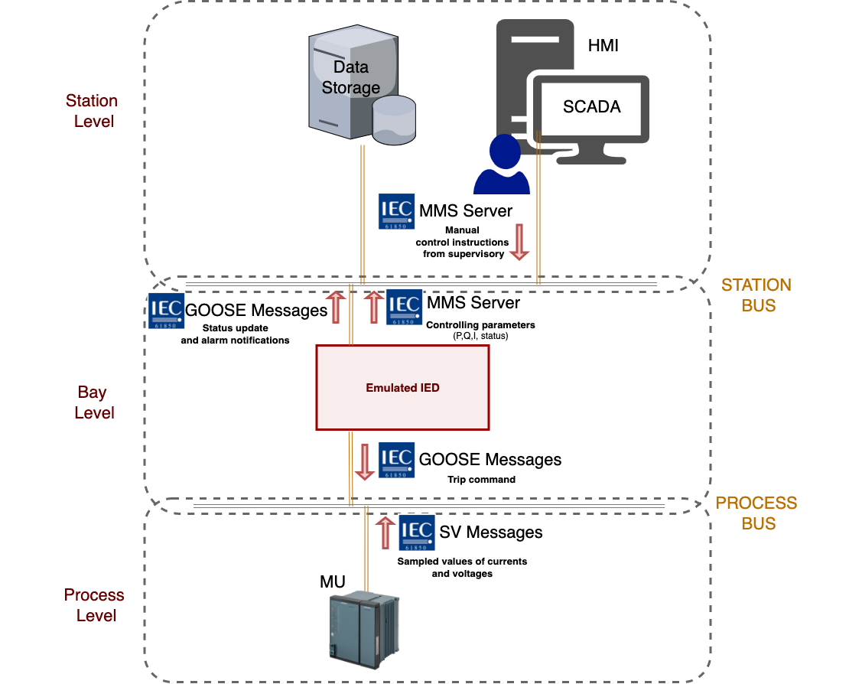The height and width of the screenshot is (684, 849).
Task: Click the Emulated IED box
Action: click(x=402, y=387)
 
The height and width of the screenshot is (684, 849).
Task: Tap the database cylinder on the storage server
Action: click(x=394, y=121)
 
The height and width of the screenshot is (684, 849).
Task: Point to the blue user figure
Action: click(x=503, y=166)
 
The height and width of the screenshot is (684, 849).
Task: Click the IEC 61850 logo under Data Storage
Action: click(x=397, y=211)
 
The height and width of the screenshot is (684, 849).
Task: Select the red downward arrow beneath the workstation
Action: click(x=519, y=242)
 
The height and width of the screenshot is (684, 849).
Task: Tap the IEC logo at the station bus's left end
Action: click(x=166, y=311)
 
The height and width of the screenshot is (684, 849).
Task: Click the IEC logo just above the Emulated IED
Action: click(x=404, y=307)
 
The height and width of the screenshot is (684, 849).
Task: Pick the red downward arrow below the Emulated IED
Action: click(x=365, y=462)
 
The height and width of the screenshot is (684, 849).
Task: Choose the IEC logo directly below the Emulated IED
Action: click(x=396, y=460)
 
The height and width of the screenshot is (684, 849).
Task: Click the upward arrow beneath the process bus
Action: click(x=385, y=533)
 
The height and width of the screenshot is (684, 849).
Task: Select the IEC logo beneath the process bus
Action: click(x=417, y=533)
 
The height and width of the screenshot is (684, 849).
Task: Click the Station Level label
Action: click(x=93, y=111)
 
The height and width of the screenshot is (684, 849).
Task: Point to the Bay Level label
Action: click(x=93, y=402)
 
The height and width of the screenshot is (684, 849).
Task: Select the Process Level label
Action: click(x=95, y=604)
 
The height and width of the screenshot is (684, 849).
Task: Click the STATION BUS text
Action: click(x=756, y=295)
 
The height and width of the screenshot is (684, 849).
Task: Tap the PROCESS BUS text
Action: click(x=756, y=513)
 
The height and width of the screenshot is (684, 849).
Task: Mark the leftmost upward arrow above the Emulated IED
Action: click(x=335, y=306)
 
